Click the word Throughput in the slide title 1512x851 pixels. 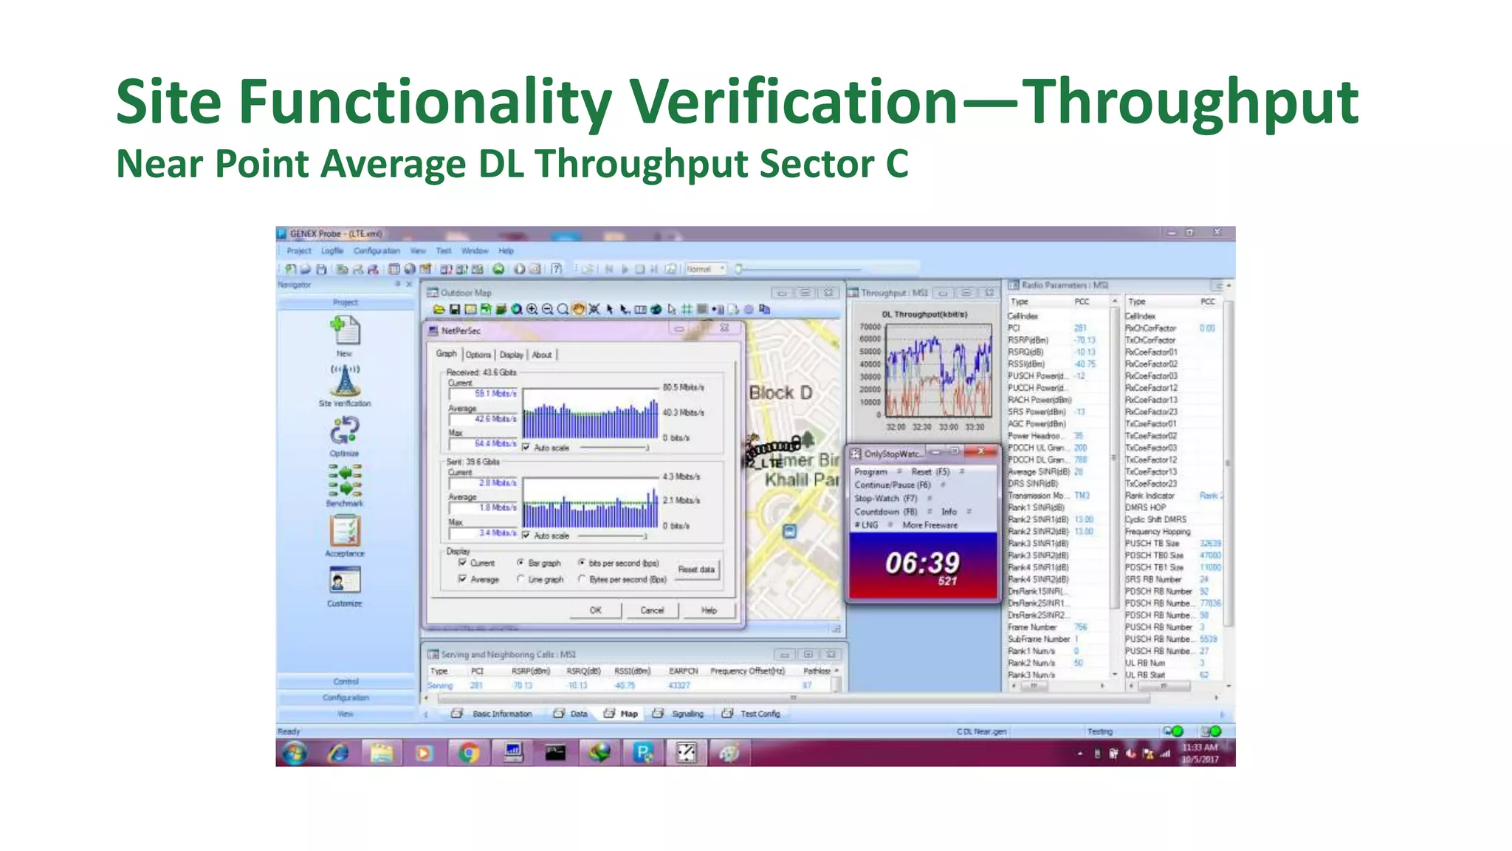pos(1190,103)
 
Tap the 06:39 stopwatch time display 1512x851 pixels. pos(922,564)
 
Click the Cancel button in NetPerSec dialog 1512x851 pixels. pos(652,610)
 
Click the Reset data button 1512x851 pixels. pos(696,570)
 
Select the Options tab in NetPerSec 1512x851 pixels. pos(478,355)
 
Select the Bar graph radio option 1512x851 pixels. pos(521,563)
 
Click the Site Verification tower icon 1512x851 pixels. pos(345,380)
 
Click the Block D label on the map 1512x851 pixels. pos(780,393)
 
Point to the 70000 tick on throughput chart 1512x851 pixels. pos(870,327)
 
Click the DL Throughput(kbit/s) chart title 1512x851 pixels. pos(924,315)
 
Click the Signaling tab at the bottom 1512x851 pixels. pos(687,714)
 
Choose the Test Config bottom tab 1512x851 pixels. pos(759,714)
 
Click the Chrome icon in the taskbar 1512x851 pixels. pos(468,753)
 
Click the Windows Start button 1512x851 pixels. pos(295,753)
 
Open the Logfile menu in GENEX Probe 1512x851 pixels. pos(332,251)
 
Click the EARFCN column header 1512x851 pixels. pos(683,671)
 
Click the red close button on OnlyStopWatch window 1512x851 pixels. pos(980,451)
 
